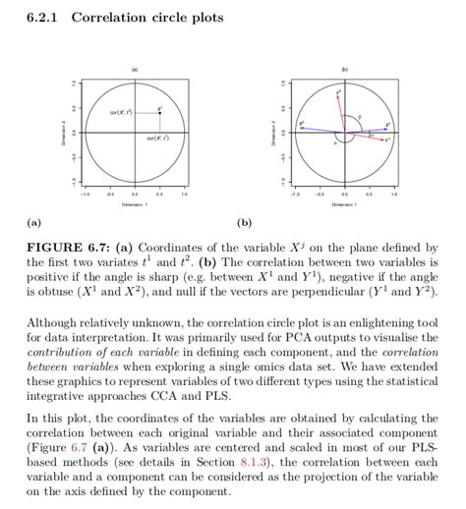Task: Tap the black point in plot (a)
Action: pos(160,113)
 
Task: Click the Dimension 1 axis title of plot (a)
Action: pos(135,205)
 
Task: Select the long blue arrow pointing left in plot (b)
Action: pos(315,128)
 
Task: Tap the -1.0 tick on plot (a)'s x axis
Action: pos(86,195)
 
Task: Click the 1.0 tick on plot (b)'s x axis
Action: pos(393,195)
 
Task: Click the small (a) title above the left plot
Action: pos(135,69)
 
